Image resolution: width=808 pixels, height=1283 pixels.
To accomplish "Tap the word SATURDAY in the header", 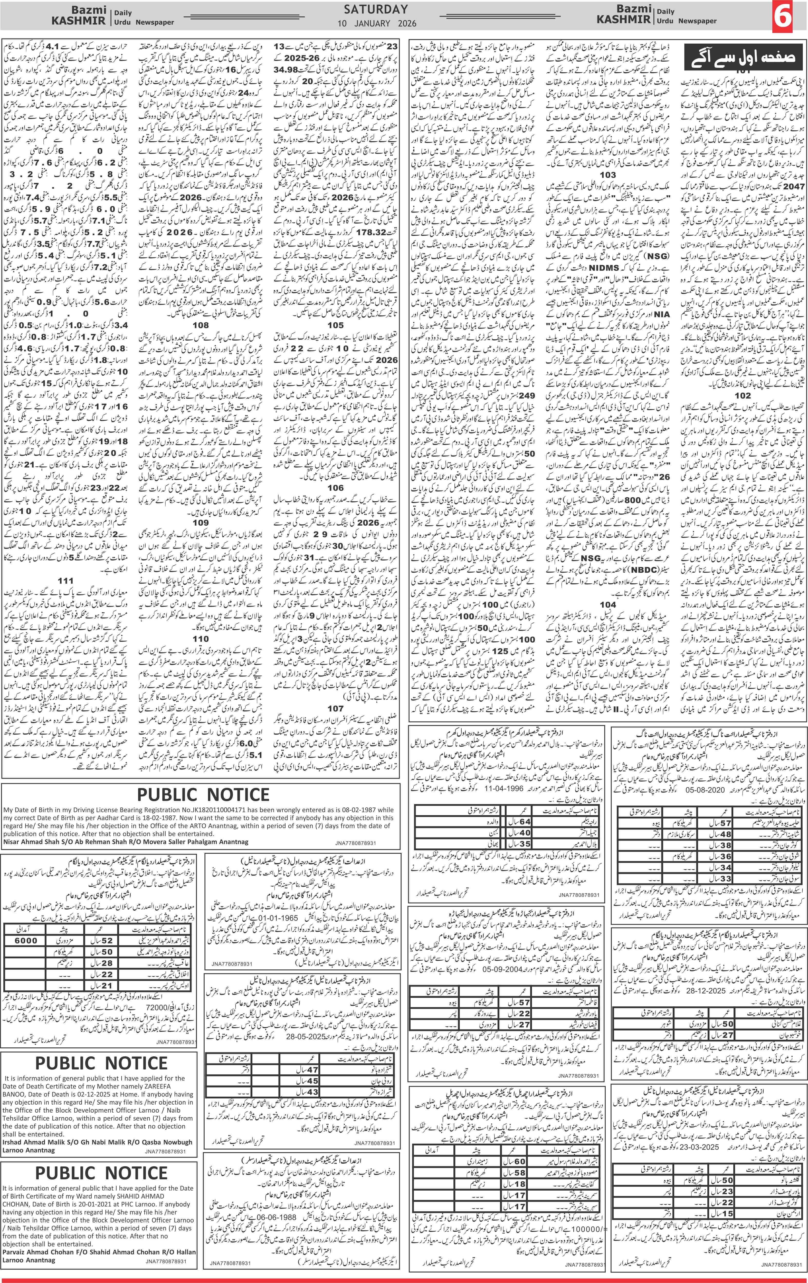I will click(x=376, y=9).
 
